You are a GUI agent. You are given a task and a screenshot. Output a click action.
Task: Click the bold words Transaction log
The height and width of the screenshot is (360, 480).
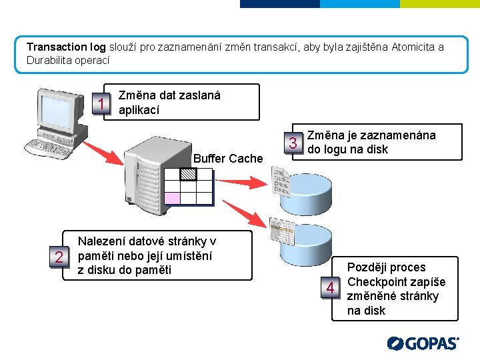point(66,47)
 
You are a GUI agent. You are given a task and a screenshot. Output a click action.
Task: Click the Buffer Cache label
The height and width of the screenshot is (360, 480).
point(228,159)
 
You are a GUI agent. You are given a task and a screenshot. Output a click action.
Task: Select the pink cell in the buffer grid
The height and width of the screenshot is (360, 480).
point(172,197)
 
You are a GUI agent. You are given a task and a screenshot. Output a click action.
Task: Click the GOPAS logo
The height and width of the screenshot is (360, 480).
point(423,343)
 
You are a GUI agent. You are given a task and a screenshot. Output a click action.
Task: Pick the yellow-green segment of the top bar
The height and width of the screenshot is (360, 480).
point(439,3)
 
